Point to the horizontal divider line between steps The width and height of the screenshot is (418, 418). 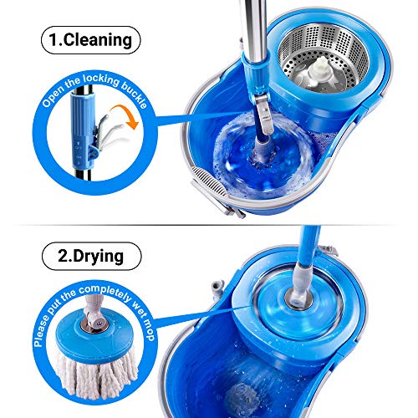209,223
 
